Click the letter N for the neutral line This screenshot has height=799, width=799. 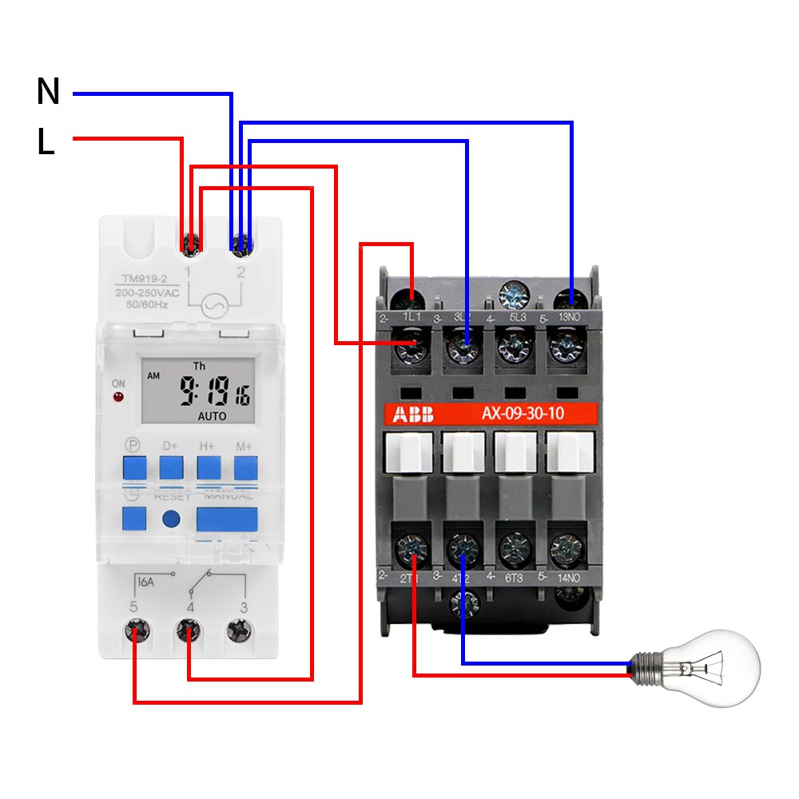click(x=48, y=92)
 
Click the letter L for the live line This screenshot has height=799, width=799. click(x=46, y=142)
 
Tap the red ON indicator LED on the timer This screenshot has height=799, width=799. click(x=118, y=396)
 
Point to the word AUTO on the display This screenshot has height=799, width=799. click(x=212, y=416)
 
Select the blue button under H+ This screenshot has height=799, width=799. click(x=209, y=467)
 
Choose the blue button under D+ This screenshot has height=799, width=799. click(x=170, y=467)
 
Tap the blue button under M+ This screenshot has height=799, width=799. click(x=245, y=467)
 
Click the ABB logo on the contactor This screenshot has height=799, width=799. click(x=412, y=414)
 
